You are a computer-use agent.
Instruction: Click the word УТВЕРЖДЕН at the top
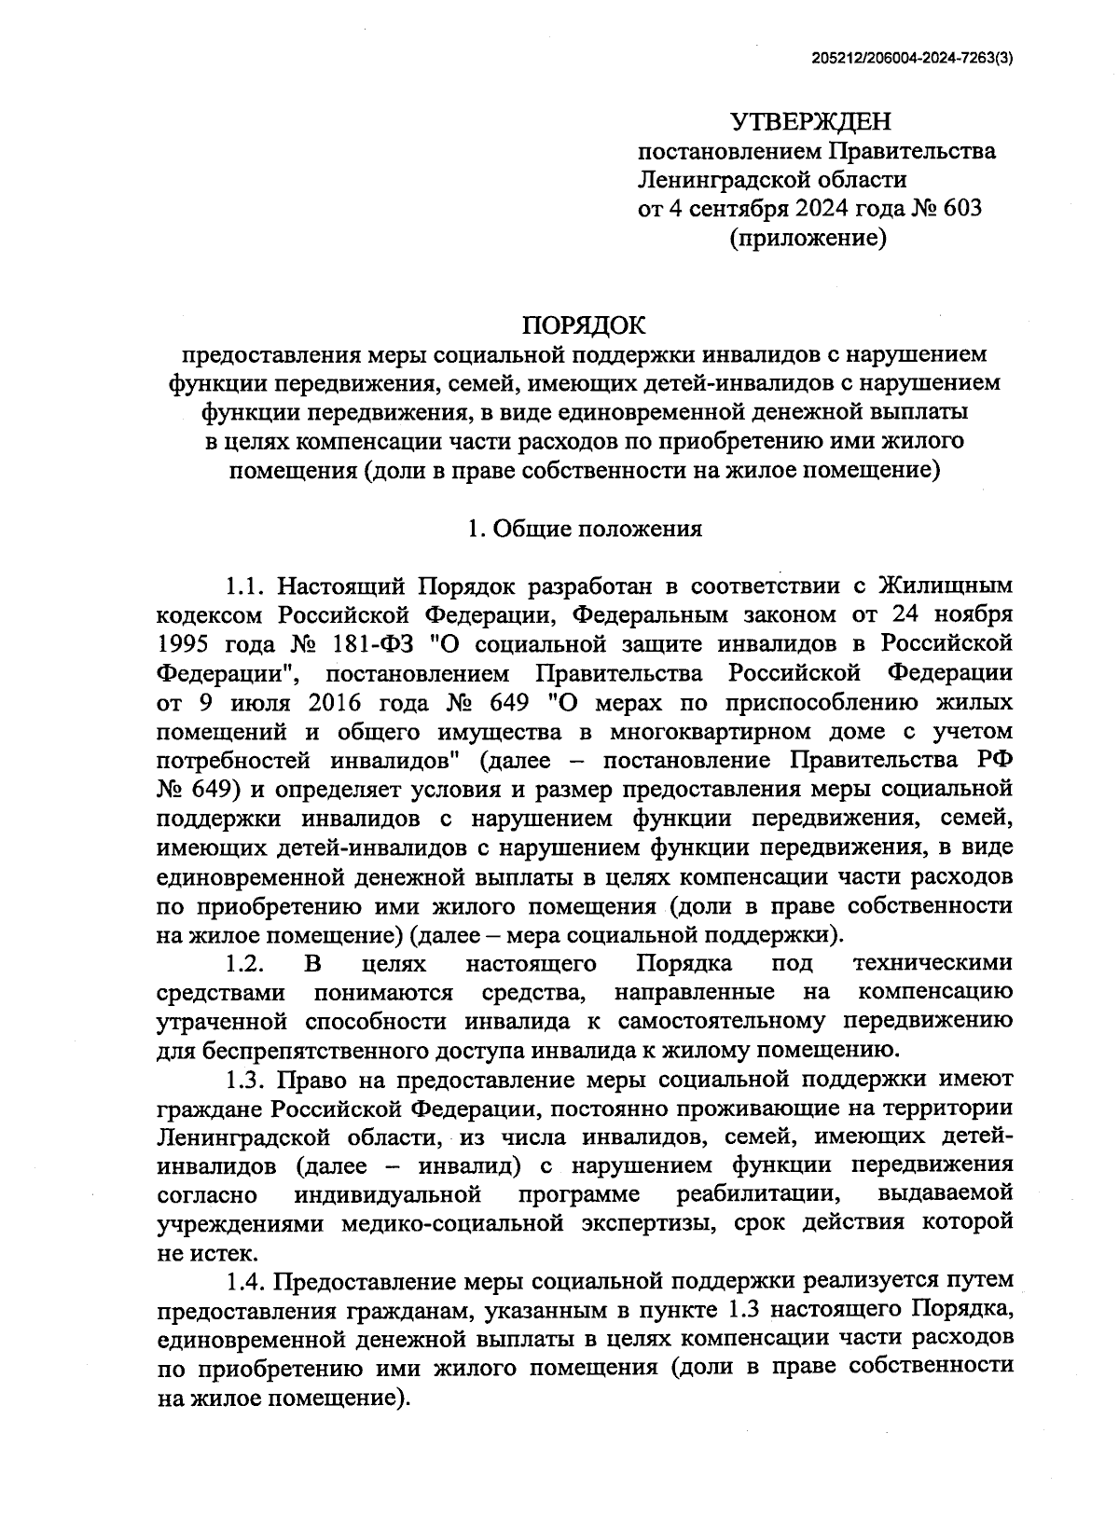810,122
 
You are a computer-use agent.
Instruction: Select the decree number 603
963,208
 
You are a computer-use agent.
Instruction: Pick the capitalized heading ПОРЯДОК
584,325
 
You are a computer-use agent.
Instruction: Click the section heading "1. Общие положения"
584,530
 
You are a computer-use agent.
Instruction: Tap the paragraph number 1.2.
247,963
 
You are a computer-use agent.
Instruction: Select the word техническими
932,963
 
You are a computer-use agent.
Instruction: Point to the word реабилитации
754,1193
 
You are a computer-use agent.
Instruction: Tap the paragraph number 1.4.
248,1281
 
